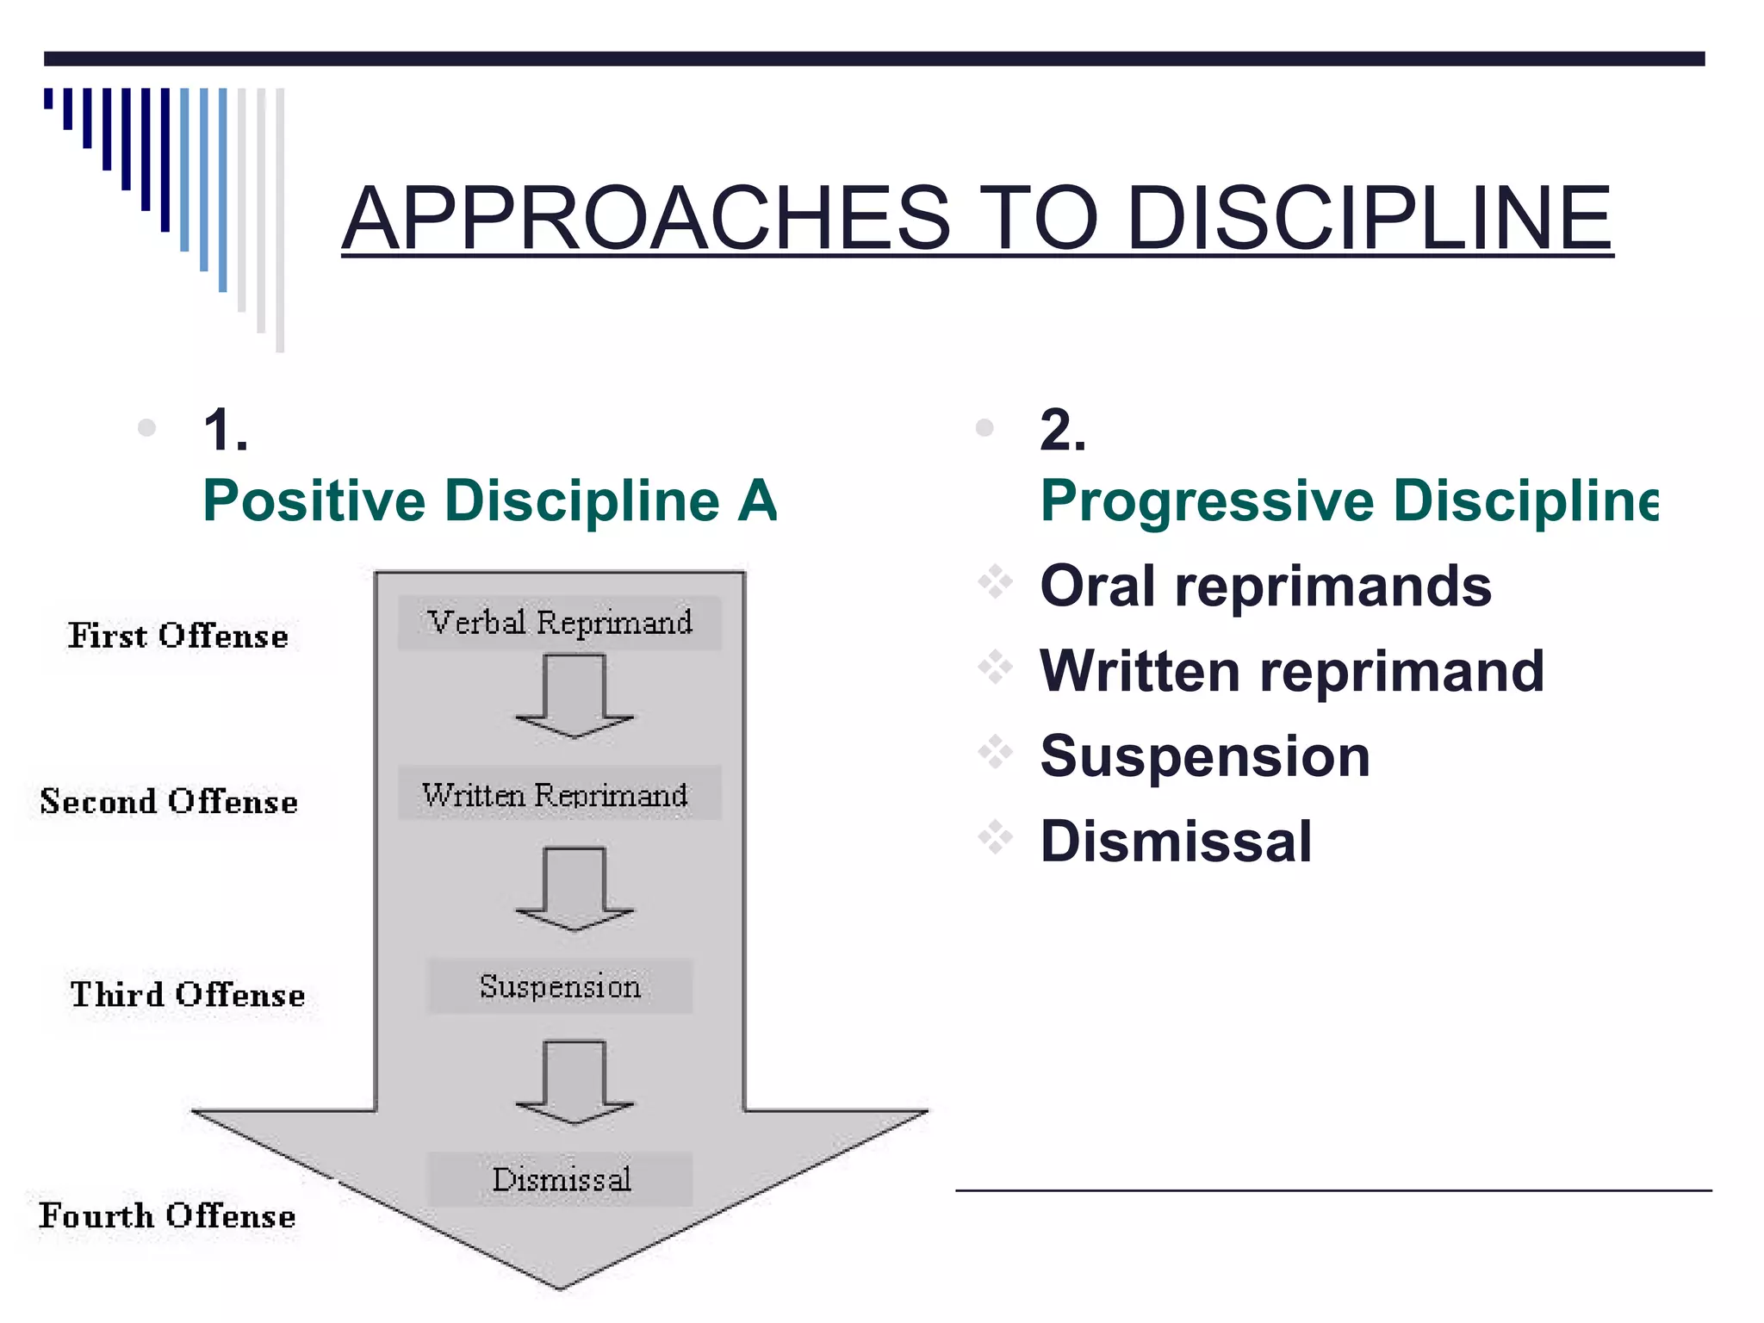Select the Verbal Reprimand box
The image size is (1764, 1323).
pos(560,623)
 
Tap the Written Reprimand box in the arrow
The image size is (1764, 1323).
pos(556,794)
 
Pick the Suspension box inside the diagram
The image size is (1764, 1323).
pos(560,986)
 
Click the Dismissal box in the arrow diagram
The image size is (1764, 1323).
pos(561,1179)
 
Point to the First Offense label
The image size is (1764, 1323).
pos(178,637)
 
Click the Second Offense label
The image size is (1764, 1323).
pos(169,802)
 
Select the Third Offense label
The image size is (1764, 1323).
pos(188,995)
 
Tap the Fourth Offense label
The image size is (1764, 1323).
pos(167,1216)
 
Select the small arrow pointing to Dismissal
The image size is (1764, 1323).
pos(575,1082)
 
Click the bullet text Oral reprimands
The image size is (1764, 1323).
pos(1265,587)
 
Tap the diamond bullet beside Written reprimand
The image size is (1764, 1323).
pos(995,668)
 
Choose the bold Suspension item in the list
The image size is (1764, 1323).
pos(1204,756)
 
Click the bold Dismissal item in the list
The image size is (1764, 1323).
pos(1176,842)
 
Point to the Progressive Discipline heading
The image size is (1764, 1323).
pos(1348,501)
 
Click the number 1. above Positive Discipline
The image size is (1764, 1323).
pos(226,430)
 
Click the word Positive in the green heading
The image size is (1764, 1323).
pos(314,501)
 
